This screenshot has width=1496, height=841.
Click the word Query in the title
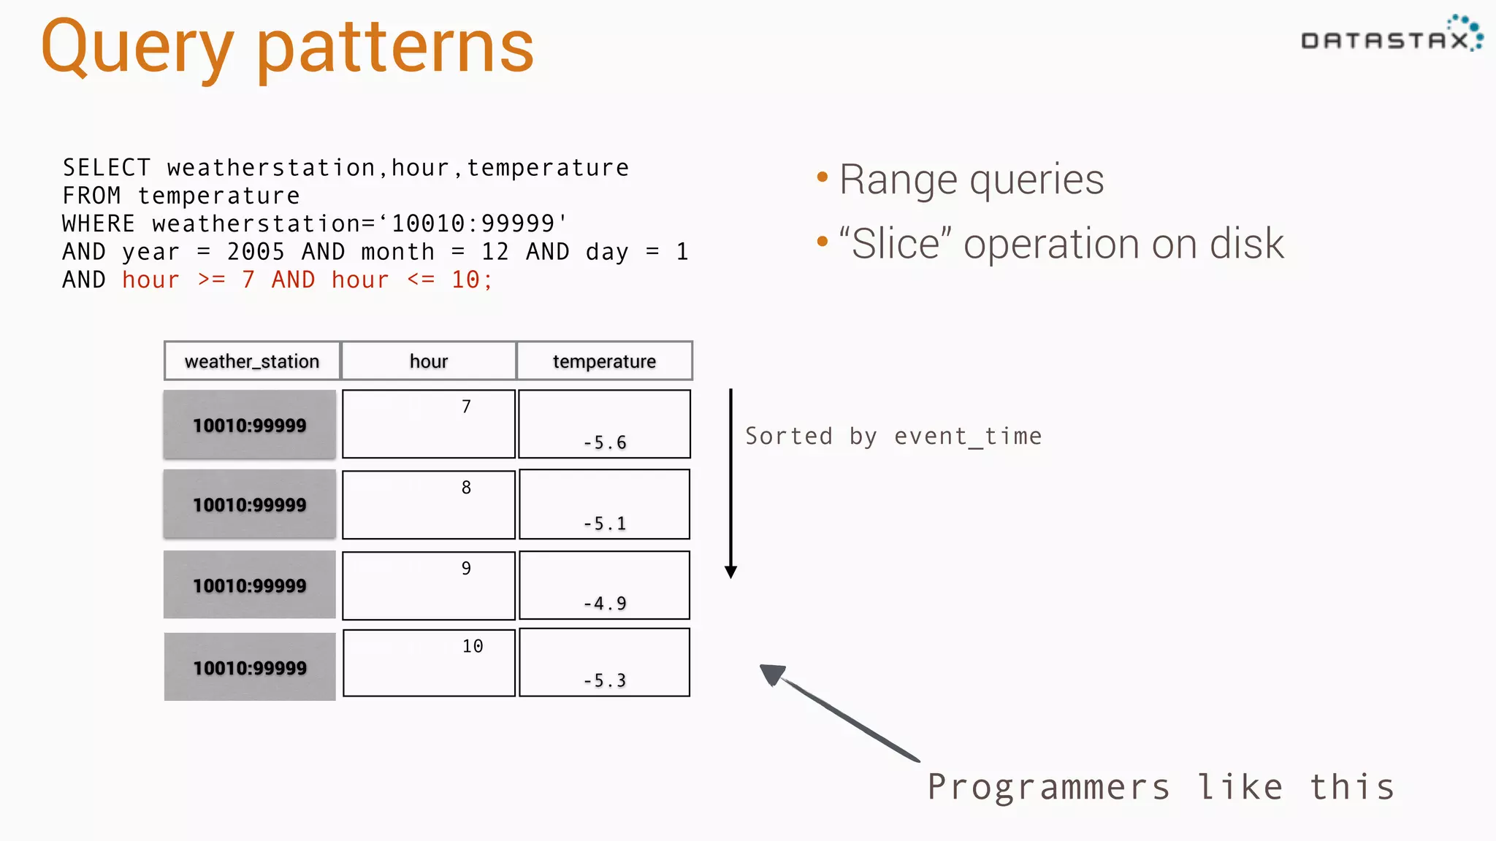point(137,47)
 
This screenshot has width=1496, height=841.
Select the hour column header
point(429,361)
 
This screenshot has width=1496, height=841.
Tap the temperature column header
point(604,361)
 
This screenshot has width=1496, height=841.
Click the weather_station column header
point(252,361)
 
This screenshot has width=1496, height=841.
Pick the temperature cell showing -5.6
point(604,425)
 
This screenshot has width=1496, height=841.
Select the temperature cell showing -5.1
point(604,505)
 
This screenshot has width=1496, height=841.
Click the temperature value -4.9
point(604,603)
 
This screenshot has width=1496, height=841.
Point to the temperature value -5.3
point(604,680)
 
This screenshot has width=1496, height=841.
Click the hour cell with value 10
point(429,663)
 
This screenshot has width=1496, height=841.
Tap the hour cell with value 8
point(429,504)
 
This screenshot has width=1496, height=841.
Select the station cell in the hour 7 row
point(250,425)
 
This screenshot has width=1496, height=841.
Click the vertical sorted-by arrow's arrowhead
point(730,572)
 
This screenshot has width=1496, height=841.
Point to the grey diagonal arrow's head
point(771,674)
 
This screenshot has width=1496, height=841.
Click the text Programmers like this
point(1161,787)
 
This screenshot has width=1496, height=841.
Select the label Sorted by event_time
point(893,436)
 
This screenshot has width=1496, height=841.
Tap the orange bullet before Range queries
point(823,177)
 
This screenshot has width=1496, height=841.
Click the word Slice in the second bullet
point(895,243)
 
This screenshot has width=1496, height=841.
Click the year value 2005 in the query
point(256,252)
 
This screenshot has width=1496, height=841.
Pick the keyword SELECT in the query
point(107,168)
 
